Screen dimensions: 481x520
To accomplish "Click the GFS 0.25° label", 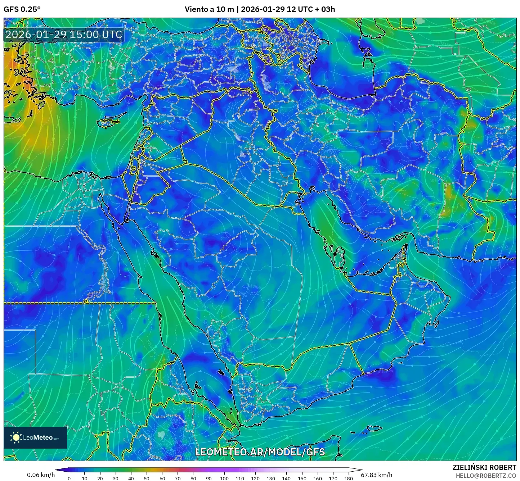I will click(22, 9).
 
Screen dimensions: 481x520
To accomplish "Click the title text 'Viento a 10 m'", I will click(209, 9).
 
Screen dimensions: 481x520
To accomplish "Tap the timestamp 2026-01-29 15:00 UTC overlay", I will click(64, 35).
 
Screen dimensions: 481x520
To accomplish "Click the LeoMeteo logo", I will click(35, 437).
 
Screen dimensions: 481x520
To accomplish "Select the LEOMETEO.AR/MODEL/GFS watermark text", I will click(260, 452).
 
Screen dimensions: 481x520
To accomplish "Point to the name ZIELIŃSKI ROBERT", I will click(484, 467).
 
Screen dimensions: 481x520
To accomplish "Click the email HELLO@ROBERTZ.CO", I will click(486, 476).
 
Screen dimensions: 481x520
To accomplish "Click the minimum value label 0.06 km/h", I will click(41, 475).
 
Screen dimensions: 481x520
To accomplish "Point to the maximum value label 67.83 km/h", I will click(376, 475).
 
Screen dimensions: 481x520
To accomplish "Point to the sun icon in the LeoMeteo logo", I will click(16, 437).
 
